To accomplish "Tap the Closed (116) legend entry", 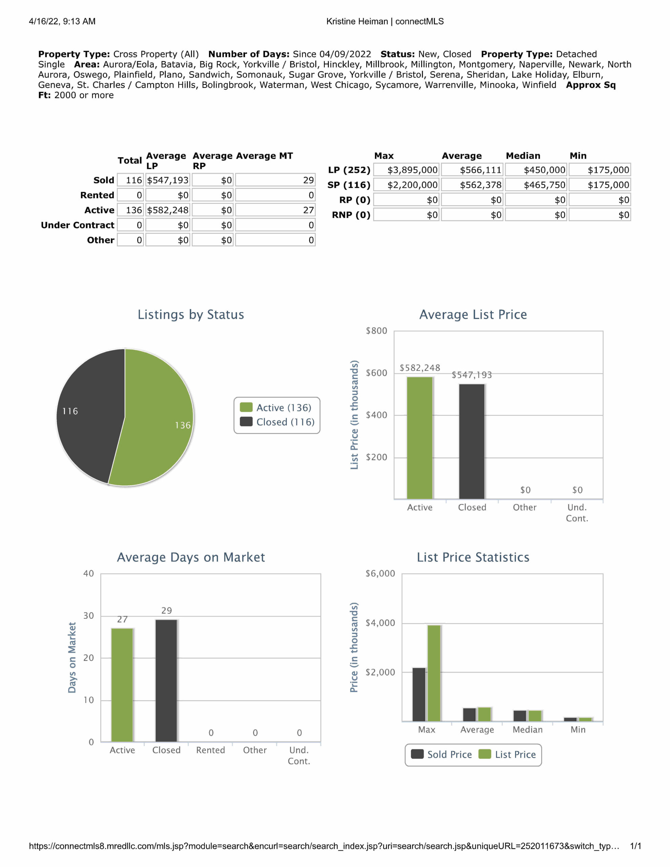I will coord(278,422).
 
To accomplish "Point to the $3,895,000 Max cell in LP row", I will coord(407,170).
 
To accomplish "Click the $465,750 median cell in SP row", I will coord(536,185).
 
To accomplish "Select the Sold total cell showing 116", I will coord(131,180).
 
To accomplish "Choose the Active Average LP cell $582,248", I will coord(168,210).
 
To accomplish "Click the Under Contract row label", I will coord(78,225).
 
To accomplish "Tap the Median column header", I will coord(523,155).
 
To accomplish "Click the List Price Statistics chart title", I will coord(473,557).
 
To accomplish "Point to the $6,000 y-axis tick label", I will coord(380,574).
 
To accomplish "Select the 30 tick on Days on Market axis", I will coord(88,616).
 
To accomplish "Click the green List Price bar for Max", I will coord(434,673).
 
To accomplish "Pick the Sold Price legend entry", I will coord(442,754).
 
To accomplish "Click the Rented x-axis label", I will coord(210,750).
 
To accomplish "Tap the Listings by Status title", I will coord(191,314).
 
